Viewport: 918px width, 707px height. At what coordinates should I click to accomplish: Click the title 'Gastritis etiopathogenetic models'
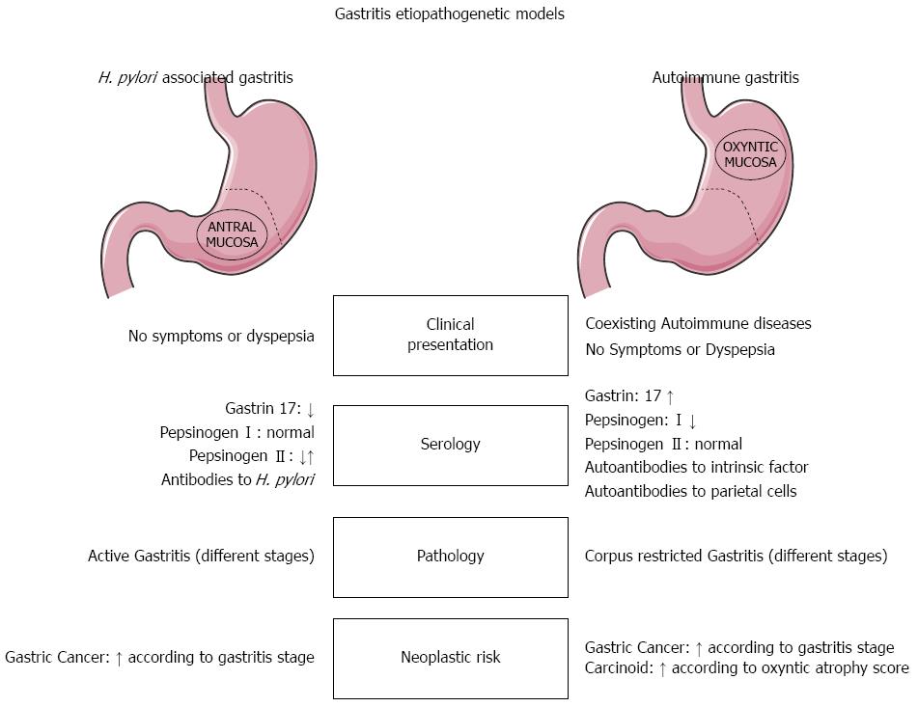[449, 14]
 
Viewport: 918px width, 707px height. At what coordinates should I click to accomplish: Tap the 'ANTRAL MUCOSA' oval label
[233, 234]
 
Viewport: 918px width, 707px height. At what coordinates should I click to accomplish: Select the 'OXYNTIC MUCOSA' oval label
[749, 154]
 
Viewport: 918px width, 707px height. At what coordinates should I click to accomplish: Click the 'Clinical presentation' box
[450, 335]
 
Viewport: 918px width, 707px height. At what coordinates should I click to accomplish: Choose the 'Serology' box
[450, 445]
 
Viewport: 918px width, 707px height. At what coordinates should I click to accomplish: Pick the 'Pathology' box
[450, 557]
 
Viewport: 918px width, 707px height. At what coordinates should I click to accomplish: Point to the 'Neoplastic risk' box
[450, 658]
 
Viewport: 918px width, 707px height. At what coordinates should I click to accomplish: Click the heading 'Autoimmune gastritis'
[725, 77]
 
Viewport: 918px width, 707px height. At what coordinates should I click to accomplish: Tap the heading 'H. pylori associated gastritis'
[195, 77]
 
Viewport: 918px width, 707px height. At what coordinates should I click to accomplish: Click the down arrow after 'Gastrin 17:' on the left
[310, 410]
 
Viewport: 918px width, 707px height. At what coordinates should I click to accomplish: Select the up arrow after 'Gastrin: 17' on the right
[670, 396]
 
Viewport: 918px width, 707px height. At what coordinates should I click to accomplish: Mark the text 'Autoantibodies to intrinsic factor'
[697, 468]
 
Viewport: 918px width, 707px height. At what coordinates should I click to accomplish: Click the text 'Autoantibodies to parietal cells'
[691, 491]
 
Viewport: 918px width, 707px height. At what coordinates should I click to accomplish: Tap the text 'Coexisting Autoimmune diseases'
[698, 324]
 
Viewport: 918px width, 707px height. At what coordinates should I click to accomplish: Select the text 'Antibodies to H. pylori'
[237, 479]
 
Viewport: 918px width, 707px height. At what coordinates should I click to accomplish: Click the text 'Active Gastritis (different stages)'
[201, 557]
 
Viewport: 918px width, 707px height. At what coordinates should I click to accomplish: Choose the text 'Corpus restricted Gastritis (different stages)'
[737, 557]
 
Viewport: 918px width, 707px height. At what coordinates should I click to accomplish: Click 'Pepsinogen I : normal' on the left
[237, 433]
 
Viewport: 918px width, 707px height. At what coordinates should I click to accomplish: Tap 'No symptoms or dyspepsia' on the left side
[221, 337]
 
